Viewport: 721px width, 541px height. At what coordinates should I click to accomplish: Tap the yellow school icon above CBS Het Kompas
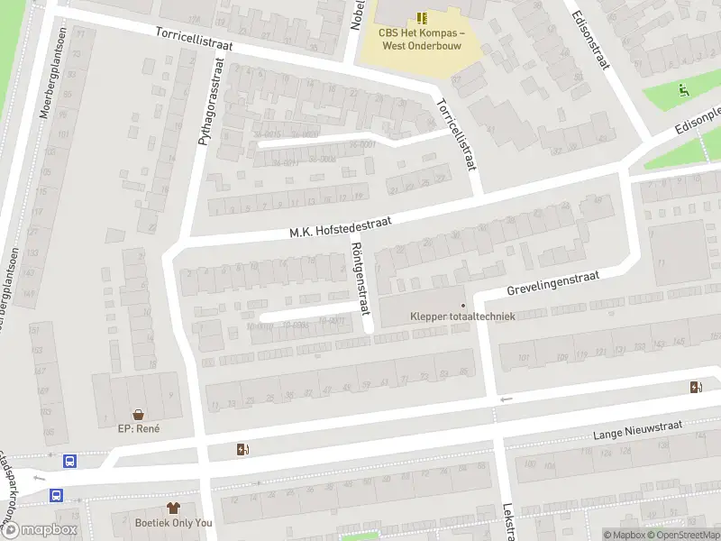[422, 17]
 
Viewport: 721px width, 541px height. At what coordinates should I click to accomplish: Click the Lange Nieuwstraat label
[639, 429]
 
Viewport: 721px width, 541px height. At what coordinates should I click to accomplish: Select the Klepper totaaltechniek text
[462, 316]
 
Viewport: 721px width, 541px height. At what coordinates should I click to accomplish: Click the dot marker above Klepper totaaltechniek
[463, 305]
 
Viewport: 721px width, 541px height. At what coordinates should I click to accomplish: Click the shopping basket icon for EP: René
[139, 414]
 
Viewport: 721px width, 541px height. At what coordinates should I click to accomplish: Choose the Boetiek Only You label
[173, 523]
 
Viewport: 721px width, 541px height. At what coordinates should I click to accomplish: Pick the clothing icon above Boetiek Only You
[173, 509]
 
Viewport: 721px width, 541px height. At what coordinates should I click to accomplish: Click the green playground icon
[684, 89]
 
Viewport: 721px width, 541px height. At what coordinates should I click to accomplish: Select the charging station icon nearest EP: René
[242, 449]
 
